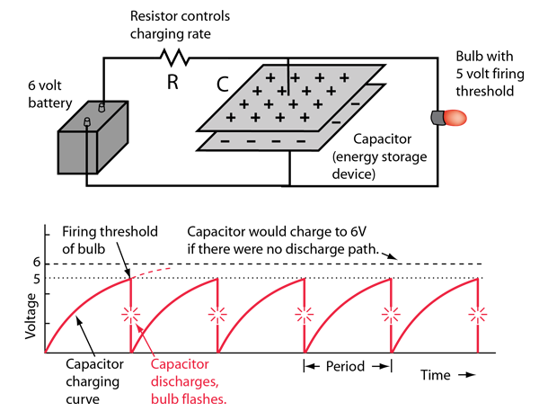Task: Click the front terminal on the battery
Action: pyautogui.click(x=87, y=122)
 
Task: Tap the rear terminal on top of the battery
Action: pyautogui.click(x=102, y=107)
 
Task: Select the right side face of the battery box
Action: pyautogui.click(x=112, y=140)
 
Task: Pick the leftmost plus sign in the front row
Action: pyautogui.click(x=231, y=118)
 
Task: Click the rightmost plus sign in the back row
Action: pyautogui.click(x=344, y=78)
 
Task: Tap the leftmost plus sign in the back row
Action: pyautogui.click(x=269, y=78)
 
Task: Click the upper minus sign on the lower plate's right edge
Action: pyautogui.click(x=356, y=104)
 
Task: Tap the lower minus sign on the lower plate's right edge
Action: pyautogui.click(x=335, y=121)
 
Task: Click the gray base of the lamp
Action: pyautogui.click(x=437, y=118)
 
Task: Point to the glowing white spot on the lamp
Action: pyautogui.click(x=457, y=118)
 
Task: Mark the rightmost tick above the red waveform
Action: pyautogui.click(x=477, y=273)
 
